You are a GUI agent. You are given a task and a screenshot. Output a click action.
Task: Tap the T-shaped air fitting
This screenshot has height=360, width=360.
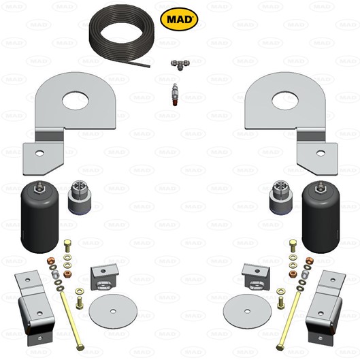pos(180,65)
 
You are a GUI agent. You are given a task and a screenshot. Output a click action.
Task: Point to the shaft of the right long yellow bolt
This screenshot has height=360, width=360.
pos(287,320)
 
